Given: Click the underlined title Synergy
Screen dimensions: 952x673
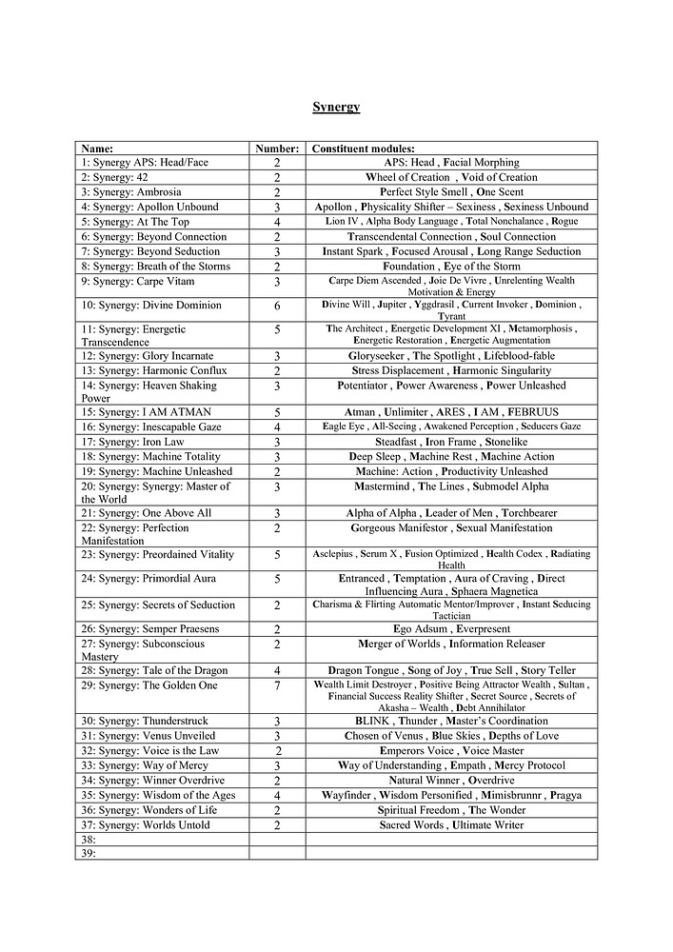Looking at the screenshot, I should pos(336,107).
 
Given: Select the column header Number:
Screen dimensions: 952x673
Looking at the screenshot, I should pos(277,149).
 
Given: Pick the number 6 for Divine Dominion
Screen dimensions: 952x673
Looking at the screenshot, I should pos(277,306).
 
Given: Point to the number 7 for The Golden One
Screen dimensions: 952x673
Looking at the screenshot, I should pos(277,685).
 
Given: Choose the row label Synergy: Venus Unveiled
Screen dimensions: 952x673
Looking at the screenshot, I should pos(148,736).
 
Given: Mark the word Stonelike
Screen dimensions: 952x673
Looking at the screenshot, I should pos(504,442).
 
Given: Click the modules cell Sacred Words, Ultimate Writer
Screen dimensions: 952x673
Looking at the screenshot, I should pos(451,825).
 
